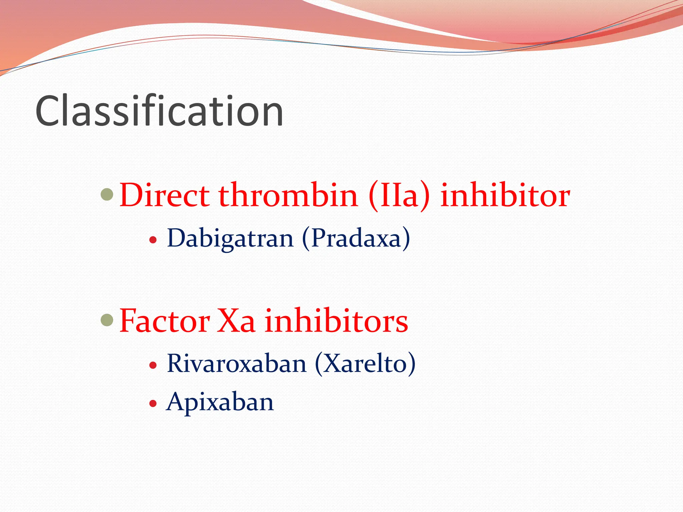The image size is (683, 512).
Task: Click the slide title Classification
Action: pyautogui.click(x=159, y=111)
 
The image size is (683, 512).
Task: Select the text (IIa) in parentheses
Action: pyautogui.click(x=399, y=196)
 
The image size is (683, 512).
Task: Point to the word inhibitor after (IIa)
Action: pyautogui.click(x=505, y=196)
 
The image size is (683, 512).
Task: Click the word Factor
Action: pyautogui.click(x=165, y=321)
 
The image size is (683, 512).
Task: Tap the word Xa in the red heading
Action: pyautogui.click(x=236, y=321)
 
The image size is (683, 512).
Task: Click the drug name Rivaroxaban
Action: pyautogui.click(x=236, y=364)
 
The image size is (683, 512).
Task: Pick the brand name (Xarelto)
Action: pyautogui.click(x=365, y=364)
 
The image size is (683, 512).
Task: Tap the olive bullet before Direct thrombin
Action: pyautogui.click(x=107, y=194)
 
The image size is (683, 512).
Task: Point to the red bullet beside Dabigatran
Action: pyautogui.click(x=153, y=240)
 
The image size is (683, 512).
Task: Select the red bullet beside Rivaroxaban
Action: pyautogui.click(x=153, y=365)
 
